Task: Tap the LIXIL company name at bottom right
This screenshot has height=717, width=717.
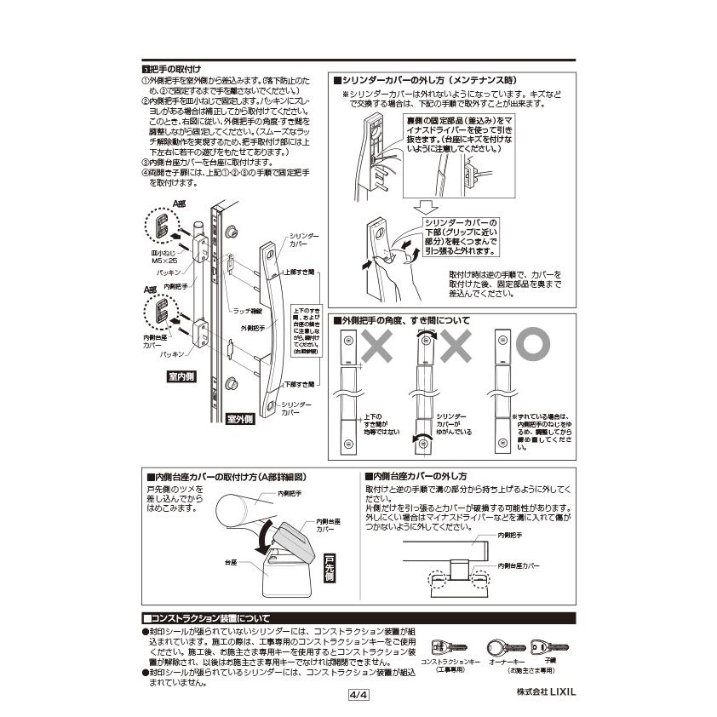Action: [x=546, y=691]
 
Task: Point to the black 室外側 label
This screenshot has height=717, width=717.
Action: [x=241, y=419]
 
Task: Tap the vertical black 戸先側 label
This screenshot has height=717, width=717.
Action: [x=330, y=566]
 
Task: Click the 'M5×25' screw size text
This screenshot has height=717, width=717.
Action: [x=164, y=261]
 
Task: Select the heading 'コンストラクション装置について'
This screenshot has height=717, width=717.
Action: [x=209, y=617]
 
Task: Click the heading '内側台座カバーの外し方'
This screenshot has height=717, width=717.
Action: [x=418, y=475]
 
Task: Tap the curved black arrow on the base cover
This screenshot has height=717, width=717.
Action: [x=266, y=537]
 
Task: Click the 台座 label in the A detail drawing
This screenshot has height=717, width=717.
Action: [x=231, y=563]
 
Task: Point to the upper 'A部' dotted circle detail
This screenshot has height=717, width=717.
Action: [x=161, y=226]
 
